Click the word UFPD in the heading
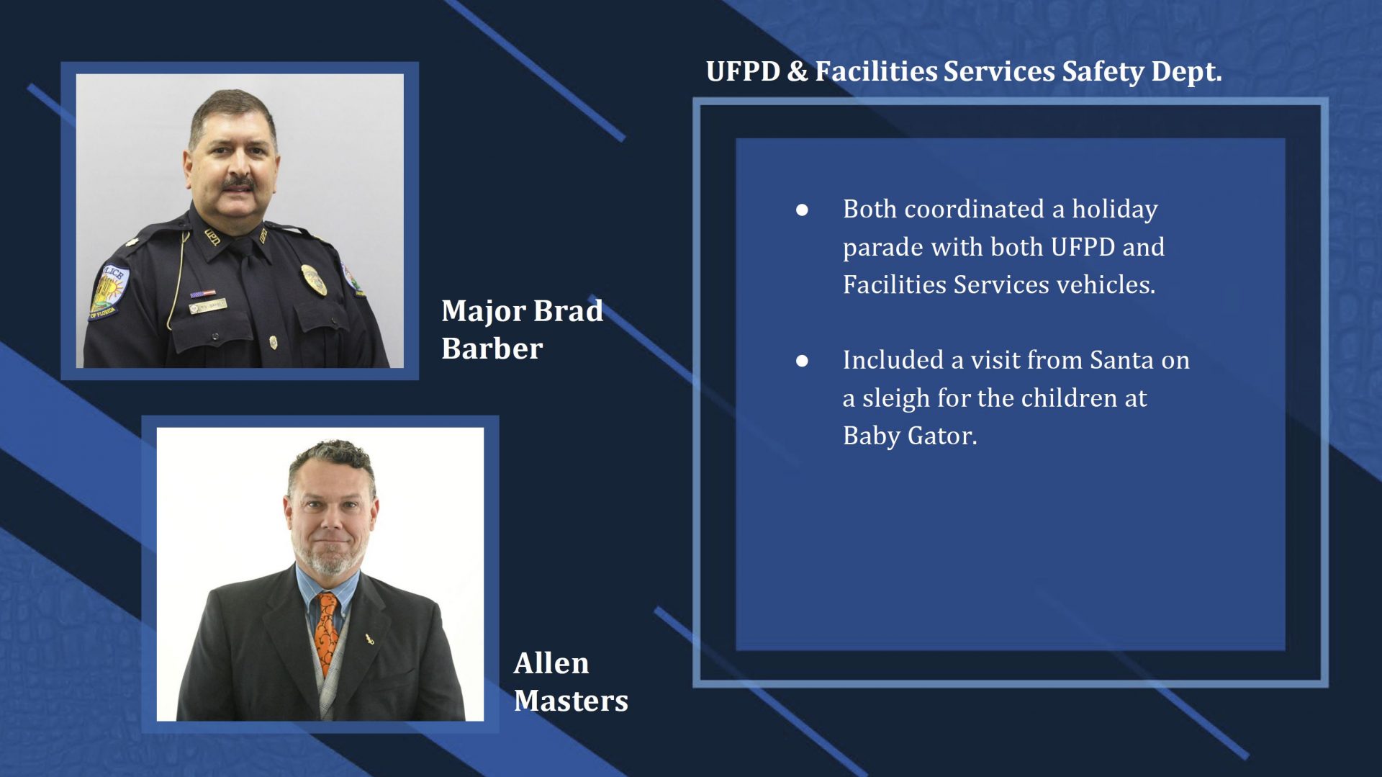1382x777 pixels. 743,71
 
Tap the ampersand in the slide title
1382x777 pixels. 797,71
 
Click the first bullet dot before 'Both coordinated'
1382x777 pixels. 802,210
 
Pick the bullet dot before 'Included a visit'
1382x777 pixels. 802,361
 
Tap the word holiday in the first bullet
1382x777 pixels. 1115,209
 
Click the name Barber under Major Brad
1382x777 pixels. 492,349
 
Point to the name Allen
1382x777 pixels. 551,663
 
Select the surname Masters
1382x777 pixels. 571,701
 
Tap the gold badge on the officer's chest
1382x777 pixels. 313,279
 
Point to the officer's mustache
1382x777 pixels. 238,184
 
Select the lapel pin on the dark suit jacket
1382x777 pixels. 370,638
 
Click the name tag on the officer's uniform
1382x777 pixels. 208,306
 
